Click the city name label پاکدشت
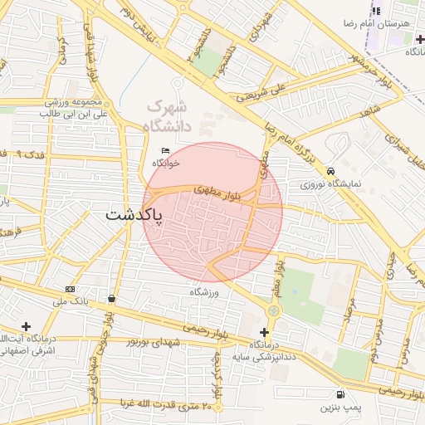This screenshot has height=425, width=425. tap(135, 215)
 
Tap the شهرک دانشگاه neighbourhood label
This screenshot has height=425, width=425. tap(169, 117)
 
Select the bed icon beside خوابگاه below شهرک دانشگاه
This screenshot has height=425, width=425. tap(165, 150)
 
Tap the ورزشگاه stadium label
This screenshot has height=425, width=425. tap(203, 292)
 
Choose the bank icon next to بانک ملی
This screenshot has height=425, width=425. tap(70, 289)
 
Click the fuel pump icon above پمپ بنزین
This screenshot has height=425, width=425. tap(340, 394)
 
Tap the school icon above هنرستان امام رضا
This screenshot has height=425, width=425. tap(375, 11)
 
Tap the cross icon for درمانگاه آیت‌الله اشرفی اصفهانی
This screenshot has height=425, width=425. tap(27, 326)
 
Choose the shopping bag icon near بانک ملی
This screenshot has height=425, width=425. tap(112, 298)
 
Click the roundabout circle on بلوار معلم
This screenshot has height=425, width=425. tap(273, 310)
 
